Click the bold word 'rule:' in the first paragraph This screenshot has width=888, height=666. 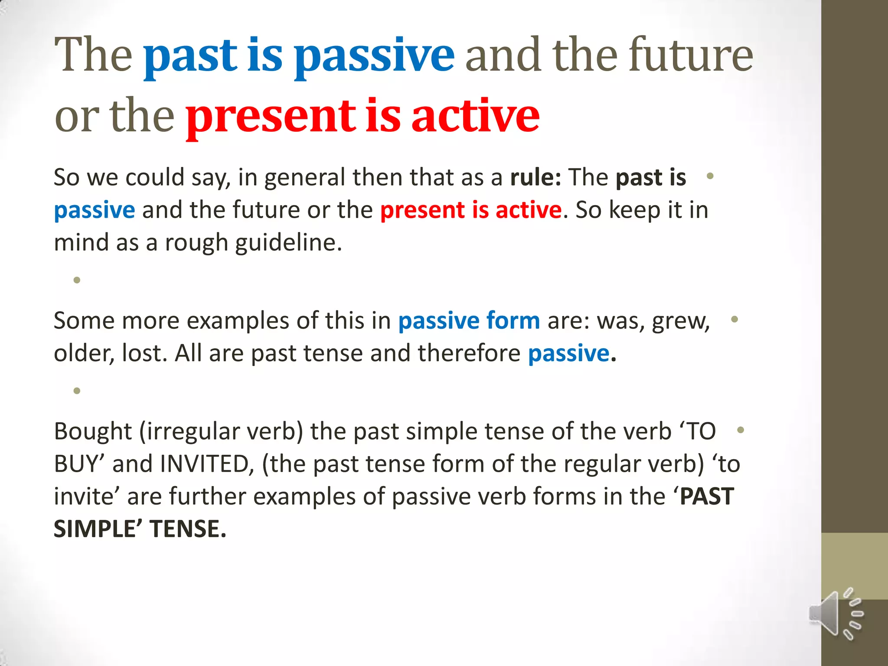coord(535,177)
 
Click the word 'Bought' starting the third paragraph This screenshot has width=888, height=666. coord(92,431)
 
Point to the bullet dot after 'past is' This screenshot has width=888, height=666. coord(710,176)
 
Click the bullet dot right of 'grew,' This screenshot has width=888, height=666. coord(734,320)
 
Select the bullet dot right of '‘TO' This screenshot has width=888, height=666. coord(741,430)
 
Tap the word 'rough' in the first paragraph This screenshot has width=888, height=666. coord(196,242)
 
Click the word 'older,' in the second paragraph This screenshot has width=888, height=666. coord(84,353)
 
